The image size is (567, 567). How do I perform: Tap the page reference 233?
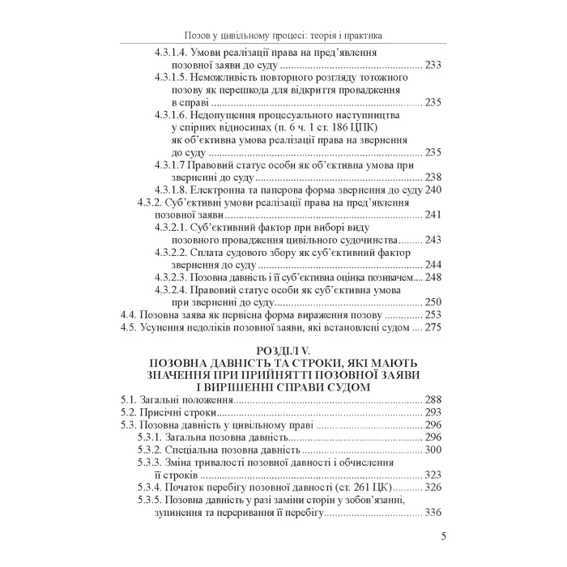[433, 65]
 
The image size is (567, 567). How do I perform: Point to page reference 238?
[433, 177]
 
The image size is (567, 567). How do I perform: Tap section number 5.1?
[127, 400]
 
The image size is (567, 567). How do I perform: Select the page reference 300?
[433, 450]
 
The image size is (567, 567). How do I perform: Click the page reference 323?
[433, 475]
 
